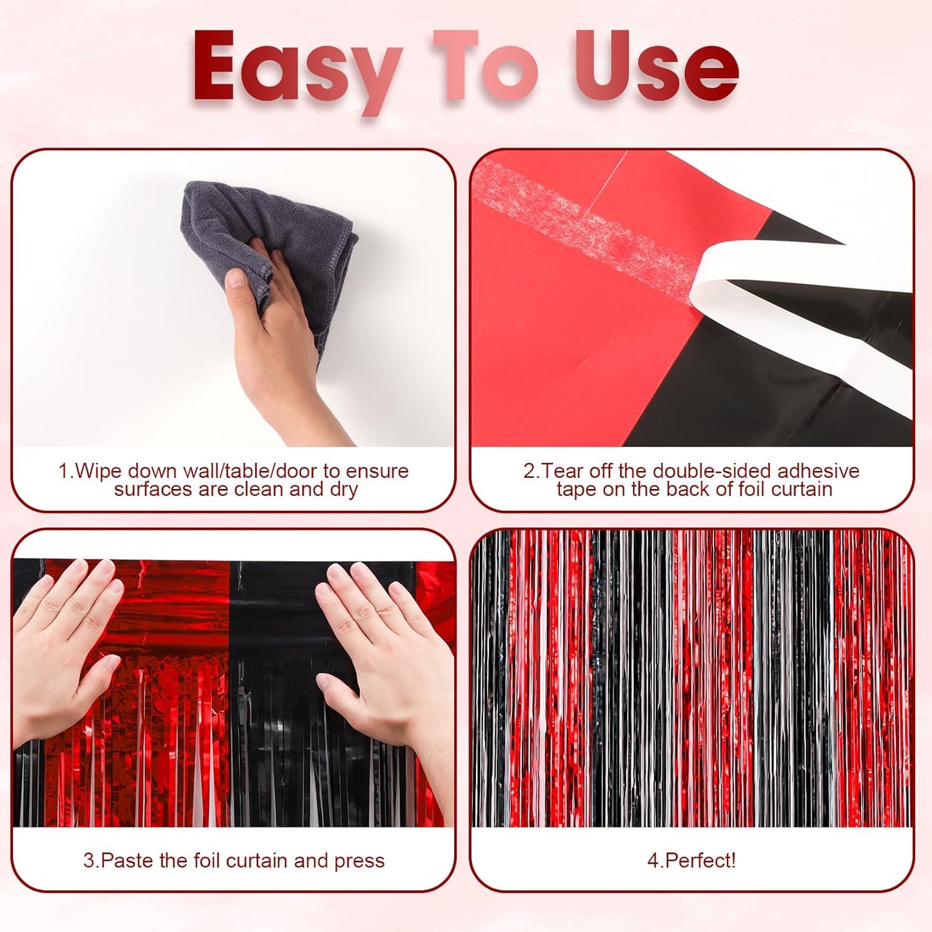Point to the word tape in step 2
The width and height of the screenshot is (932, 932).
(x=577, y=490)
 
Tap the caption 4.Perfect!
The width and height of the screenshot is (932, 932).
(x=691, y=860)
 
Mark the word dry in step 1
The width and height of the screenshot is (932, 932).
(x=344, y=490)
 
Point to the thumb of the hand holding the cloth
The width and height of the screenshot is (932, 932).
(x=239, y=279)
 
